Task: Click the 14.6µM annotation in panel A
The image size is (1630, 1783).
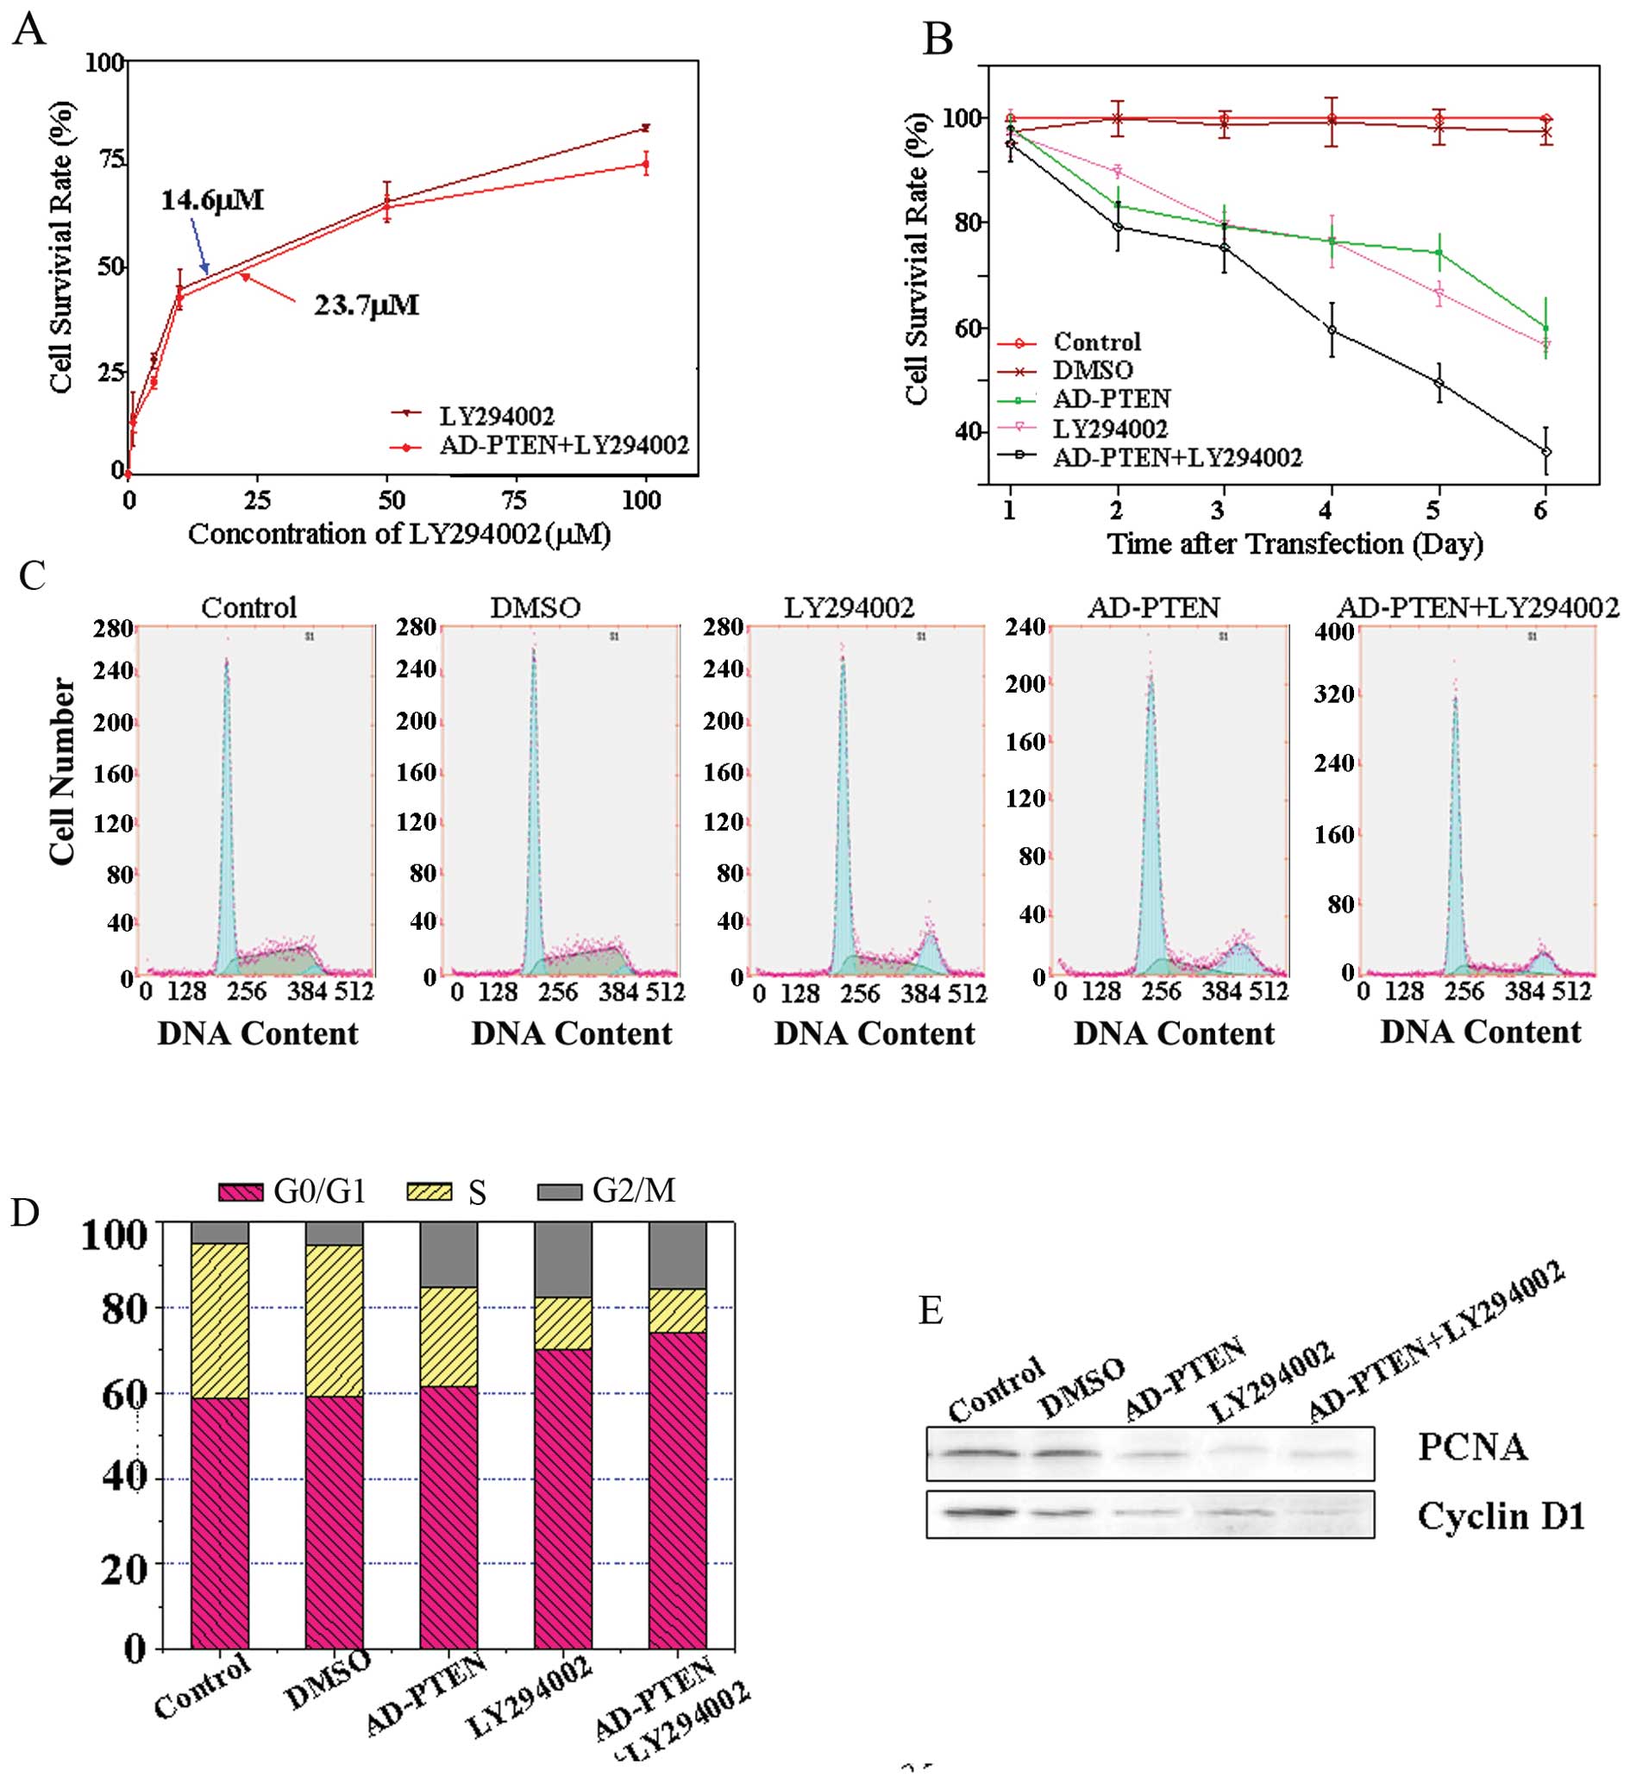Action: click(212, 200)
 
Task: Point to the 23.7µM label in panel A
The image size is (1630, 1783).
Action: click(367, 306)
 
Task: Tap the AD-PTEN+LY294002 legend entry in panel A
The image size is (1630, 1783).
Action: click(563, 445)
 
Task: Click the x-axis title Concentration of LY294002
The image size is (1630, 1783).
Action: click(400, 534)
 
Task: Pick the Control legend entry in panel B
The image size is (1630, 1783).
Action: click(1097, 342)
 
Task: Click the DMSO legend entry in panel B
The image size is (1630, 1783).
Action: click(1094, 371)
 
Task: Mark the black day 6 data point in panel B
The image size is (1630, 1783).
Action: click(1545, 452)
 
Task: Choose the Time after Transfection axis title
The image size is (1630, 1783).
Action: click(1295, 543)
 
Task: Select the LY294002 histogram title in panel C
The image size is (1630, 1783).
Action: click(849, 607)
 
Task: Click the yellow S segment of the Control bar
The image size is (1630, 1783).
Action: click(219, 1321)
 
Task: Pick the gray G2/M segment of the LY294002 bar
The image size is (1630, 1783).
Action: click(562, 1259)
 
